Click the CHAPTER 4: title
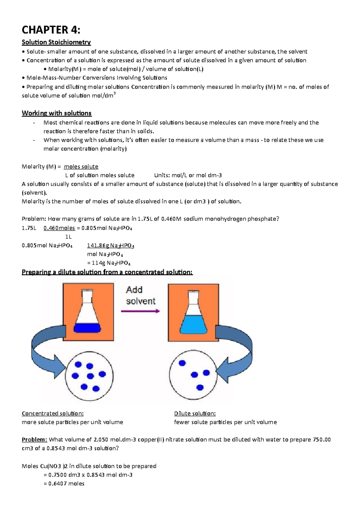click(x=51, y=30)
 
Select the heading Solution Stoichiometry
click(x=56, y=42)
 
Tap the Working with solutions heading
click(x=57, y=113)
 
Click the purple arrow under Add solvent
click(x=140, y=311)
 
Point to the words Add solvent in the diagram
click(x=140, y=295)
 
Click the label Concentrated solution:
click(x=52, y=413)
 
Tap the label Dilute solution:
click(x=195, y=413)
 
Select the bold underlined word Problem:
click(x=34, y=440)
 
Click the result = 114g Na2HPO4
click(x=109, y=263)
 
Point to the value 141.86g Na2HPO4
click(x=110, y=246)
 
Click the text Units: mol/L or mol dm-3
click(x=188, y=175)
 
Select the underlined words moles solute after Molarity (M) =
click(x=81, y=167)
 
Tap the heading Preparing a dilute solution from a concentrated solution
click(x=107, y=272)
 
